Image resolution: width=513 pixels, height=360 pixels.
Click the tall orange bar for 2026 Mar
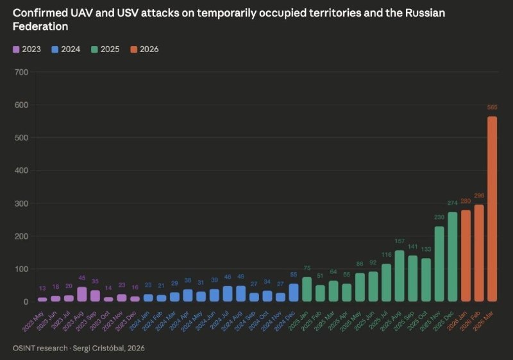pyautogui.click(x=492, y=209)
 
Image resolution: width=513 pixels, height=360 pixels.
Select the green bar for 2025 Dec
pyautogui.click(x=452, y=257)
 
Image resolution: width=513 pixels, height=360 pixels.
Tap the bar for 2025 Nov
pyautogui.click(x=439, y=264)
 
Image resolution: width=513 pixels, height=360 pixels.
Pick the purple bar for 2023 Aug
pyautogui.click(x=82, y=294)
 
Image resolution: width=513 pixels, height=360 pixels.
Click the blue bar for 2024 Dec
pyautogui.click(x=294, y=293)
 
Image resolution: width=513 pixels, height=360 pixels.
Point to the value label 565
pyautogui.click(x=492, y=107)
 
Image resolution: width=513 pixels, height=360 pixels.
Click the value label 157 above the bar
pyautogui.click(x=399, y=242)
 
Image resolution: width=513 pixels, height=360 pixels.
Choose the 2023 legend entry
pyautogui.click(x=26, y=49)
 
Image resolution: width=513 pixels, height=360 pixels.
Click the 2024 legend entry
pyautogui.click(x=65, y=49)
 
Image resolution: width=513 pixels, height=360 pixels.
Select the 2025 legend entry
pyautogui.click(x=105, y=49)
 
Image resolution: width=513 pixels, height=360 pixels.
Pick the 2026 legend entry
pyautogui.click(x=144, y=49)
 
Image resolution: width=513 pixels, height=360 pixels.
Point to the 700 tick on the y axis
pyautogui.click(x=21, y=72)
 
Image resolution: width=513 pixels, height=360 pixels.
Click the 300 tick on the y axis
pyautogui.click(x=21, y=203)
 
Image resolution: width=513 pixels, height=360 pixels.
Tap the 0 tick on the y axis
pyautogui.click(x=26, y=302)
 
